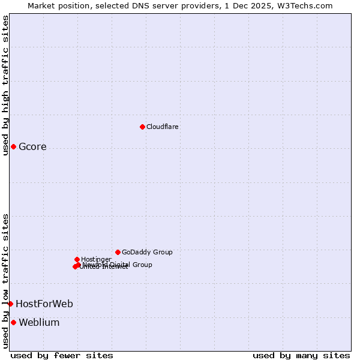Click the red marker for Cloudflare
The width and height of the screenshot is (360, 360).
coord(142,127)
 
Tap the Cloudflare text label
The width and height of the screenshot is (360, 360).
coord(163,127)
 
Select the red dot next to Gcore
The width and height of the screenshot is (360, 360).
coord(13,146)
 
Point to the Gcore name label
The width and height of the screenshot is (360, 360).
coord(32,147)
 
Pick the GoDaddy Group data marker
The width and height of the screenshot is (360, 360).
coord(118,252)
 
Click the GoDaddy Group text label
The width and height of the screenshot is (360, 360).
coord(147,252)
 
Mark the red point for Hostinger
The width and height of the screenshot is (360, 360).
coord(77,259)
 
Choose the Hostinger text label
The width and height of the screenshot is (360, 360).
coord(96,259)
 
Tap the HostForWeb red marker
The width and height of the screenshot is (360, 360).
coord(10,304)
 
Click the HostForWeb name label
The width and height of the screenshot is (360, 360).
coord(44,304)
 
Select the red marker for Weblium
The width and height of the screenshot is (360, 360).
coord(13,322)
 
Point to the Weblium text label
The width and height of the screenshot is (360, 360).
coord(39,323)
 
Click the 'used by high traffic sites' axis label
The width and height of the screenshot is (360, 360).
coord(5,85)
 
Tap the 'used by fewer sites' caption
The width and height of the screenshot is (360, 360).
coord(62,355)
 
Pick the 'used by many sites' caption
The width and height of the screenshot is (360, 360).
coord(301,355)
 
